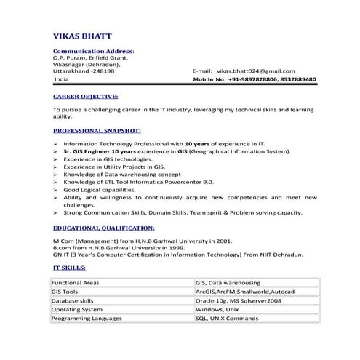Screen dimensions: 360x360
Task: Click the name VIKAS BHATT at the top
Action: click(81, 36)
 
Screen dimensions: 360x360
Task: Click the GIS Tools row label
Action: click(65, 291)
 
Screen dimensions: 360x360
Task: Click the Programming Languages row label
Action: click(84, 318)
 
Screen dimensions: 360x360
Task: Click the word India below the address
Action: click(63, 79)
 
